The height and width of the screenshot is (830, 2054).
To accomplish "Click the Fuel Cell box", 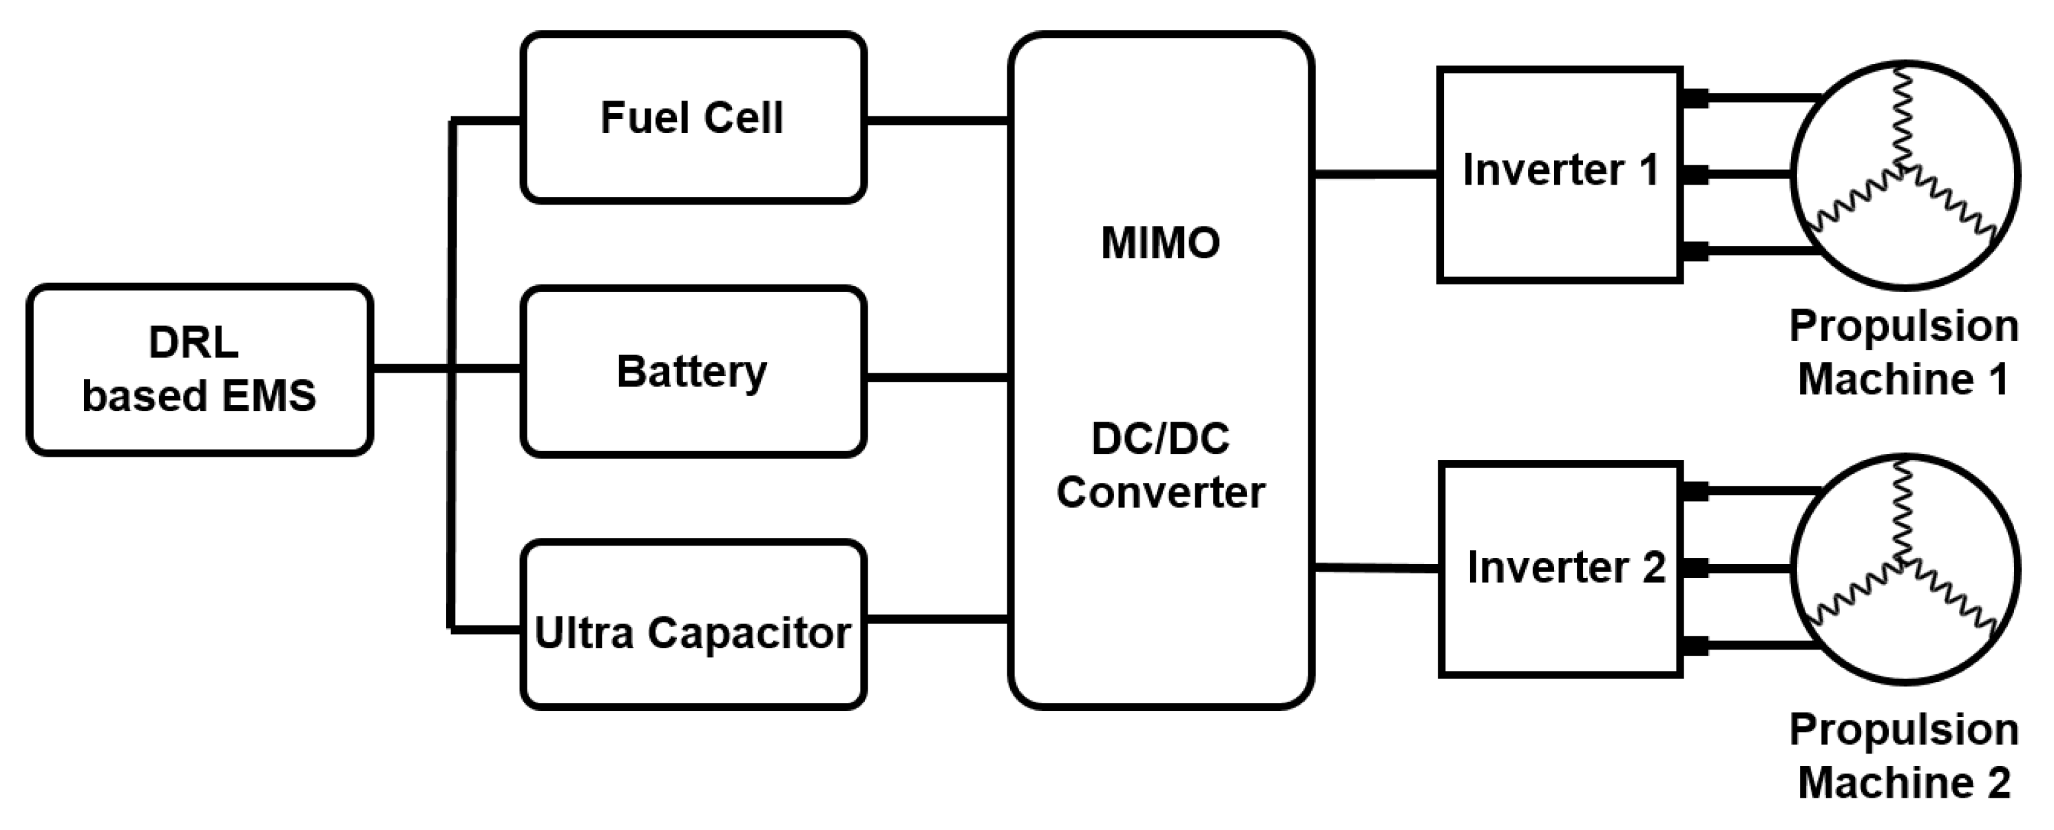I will click(693, 118).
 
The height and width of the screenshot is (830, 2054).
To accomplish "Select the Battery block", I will click(693, 371).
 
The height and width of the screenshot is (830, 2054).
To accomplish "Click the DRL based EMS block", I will click(199, 370).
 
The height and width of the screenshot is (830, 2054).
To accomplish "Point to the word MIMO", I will click(1160, 243).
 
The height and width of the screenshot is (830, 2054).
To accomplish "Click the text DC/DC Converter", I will click(1160, 466).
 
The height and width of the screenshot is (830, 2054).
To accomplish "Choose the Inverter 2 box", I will click(1561, 569).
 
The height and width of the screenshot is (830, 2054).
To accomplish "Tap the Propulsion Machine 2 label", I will click(1903, 756).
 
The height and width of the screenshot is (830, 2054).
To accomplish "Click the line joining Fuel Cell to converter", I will click(937, 121).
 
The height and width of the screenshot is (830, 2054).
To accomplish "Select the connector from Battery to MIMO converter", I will click(937, 378).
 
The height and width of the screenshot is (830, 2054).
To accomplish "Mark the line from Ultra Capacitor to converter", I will click(937, 619).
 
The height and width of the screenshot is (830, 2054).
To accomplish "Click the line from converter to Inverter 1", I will click(1376, 174).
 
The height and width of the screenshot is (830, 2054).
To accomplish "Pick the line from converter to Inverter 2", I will click(1376, 568).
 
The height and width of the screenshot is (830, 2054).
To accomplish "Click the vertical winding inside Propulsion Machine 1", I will click(1903, 120).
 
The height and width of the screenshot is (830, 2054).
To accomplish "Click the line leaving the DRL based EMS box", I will click(410, 369).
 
